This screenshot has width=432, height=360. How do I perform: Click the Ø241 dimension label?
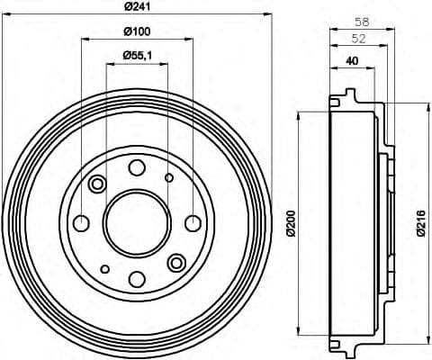pos(138,8)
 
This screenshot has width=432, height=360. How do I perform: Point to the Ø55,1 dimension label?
pos(138,57)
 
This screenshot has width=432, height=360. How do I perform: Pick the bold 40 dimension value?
pos(355,63)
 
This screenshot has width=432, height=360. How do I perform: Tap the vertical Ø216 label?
pos(419,221)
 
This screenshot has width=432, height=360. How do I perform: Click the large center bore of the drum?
pos(137,222)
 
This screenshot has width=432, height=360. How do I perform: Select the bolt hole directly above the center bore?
pos(137,167)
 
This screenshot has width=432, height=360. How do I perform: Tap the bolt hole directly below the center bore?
pos(137,278)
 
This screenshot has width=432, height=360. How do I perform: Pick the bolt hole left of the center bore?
pos(81,222)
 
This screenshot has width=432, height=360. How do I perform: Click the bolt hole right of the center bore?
pos(193,222)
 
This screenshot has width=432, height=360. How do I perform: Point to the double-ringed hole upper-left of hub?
pos(98,184)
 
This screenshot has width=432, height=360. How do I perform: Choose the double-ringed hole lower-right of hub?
pos(176,262)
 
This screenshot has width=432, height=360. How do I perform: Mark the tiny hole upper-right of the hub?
pos(169,177)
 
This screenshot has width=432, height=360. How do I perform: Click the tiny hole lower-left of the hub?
pos(105,268)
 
